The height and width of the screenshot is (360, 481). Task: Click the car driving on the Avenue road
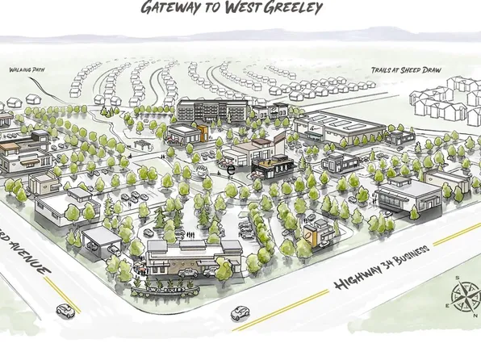63,309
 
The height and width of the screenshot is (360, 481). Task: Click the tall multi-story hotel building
211,110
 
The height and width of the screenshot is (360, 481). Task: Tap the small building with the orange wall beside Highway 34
320,234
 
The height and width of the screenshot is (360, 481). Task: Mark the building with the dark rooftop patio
270,166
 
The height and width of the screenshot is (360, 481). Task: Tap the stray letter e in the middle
231,170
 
